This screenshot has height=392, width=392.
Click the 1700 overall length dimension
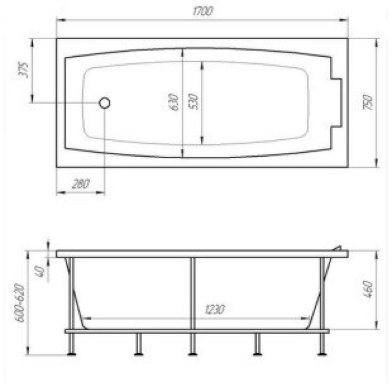[x=203, y=11]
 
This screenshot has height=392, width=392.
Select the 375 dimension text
[x=24, y=70]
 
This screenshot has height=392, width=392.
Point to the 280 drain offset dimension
[x=80, y=184]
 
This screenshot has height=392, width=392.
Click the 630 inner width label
[x=173, y=102]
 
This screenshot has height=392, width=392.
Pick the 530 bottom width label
[x=193, y=101]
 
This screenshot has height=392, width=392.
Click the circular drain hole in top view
[x=104, y=103]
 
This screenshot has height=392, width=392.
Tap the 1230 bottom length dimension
[x=215, y=309]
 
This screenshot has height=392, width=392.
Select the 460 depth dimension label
[x=368, y=289]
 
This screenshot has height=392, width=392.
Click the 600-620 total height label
[x=20, y=303]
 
